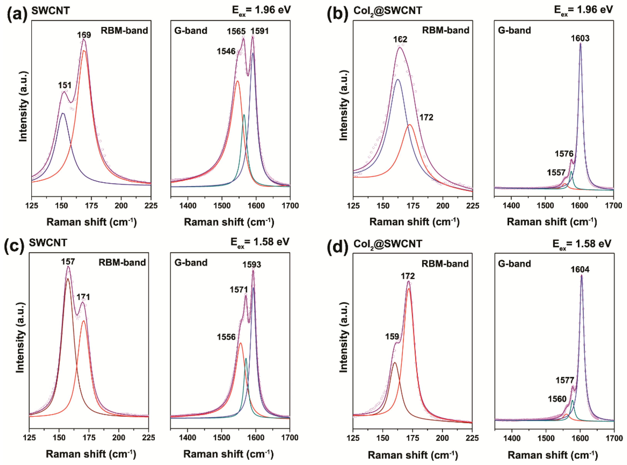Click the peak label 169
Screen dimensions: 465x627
[84, 35]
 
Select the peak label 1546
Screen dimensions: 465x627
[226, 51]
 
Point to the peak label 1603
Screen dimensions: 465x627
[580, 38]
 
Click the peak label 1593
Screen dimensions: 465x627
[252, 265]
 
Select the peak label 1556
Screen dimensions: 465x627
[226, 337]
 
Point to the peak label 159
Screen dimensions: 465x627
[392, 337]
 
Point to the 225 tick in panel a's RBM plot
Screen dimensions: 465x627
[151, 206]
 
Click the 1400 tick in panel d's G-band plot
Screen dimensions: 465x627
[511, 438]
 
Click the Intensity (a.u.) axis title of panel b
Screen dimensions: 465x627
[343, 106]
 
